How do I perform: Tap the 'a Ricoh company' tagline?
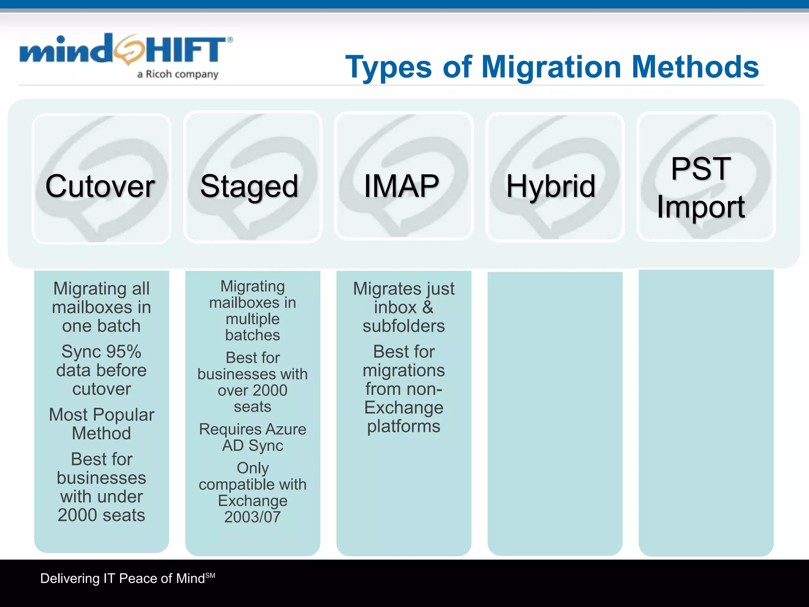point(178,74)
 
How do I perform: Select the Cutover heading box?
point(101,179)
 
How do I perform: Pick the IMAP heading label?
point(401,186)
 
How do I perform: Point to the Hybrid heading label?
point(551,186)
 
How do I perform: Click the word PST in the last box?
point(701,169)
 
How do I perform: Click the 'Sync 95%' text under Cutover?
point(101,352)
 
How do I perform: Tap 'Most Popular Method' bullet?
point(102,424)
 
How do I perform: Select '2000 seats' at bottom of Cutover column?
point(102,515)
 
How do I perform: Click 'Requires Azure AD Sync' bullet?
point(253,437)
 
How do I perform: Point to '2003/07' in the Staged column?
point(252,517)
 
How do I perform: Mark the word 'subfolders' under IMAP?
point(404,326)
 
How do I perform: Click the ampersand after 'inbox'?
point(428,307)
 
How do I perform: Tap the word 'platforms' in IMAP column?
point(404,426)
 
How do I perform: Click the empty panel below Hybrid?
point(555,411)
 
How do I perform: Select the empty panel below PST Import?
point(706,411)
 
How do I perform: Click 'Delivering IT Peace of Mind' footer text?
point(122,579)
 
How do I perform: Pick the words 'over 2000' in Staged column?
point(252,390)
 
